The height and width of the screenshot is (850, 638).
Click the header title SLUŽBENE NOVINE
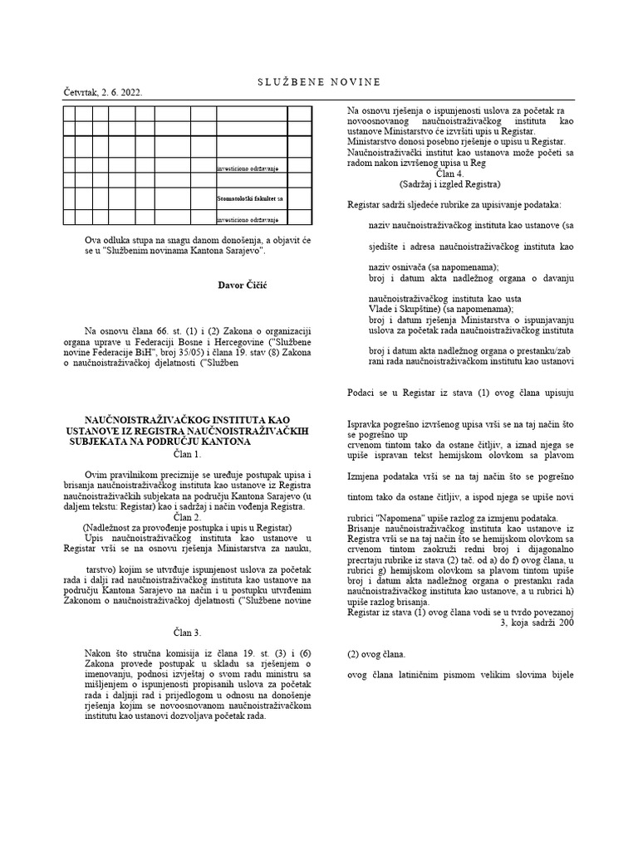319,81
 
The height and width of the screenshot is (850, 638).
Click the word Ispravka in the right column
369,424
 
